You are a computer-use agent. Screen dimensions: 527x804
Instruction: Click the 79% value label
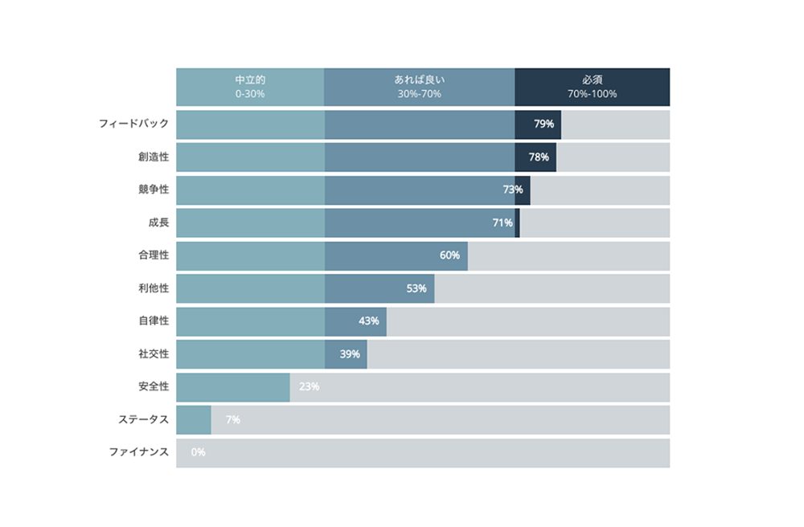pos(544,125)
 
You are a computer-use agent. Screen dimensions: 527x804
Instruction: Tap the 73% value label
pos(513,190)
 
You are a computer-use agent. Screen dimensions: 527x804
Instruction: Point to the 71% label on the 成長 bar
pos(503,223)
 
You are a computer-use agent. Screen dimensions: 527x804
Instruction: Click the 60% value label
pos(449,256)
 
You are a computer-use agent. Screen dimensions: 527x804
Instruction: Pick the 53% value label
pos(416,289)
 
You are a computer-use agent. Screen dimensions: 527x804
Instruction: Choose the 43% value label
pos(369,321)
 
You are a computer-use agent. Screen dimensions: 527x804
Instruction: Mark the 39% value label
pos(350,354)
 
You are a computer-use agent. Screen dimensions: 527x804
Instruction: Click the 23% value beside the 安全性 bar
pos(309,387)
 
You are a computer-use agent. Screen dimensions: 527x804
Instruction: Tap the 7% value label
pos(233,420)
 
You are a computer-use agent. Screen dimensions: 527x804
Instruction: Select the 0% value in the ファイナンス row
pos(198,453)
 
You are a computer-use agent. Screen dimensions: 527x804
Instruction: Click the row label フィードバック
pos(133,125)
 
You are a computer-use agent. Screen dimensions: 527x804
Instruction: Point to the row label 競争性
pos(154,190)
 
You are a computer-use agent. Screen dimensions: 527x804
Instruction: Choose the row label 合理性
pos(154,256)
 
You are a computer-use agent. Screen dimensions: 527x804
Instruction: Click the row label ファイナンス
pos(138,453)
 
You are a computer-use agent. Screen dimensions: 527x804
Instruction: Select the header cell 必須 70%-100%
pos(592,87)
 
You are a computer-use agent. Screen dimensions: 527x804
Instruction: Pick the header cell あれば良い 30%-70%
pos(419,87)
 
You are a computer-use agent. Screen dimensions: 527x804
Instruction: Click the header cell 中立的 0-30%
pos(250,87)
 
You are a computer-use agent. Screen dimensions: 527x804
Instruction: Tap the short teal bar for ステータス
pos(193,420)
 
